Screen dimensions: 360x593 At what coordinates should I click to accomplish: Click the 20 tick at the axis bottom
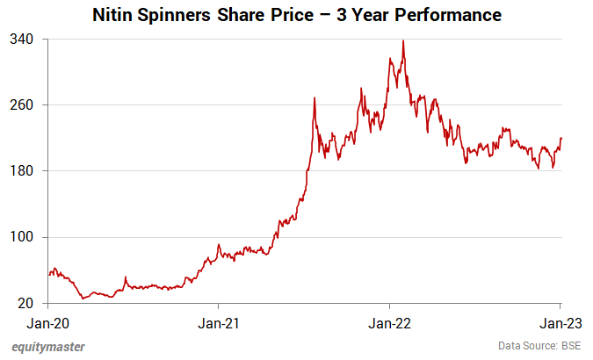point(26,304)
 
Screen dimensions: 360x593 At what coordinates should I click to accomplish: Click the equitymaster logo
point(49,347)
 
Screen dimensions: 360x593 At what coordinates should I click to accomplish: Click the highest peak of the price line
point(403,40)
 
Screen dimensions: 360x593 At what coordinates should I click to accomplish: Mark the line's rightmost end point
point(561,138)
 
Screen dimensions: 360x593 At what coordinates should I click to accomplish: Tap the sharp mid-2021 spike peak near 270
point(314,98)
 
